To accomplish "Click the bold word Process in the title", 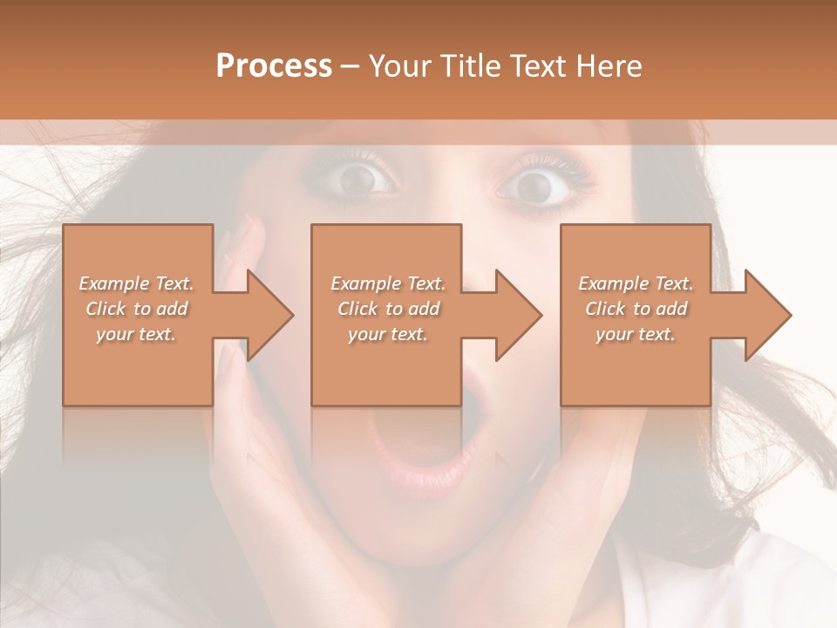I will (x=274, y=66).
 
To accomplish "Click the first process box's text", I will (x=137, y=309).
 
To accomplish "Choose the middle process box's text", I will (x=387, y=309).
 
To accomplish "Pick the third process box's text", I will (x=636, y=309).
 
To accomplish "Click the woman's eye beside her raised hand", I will (x=358, y=179).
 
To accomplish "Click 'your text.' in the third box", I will (x=636, y=334).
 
